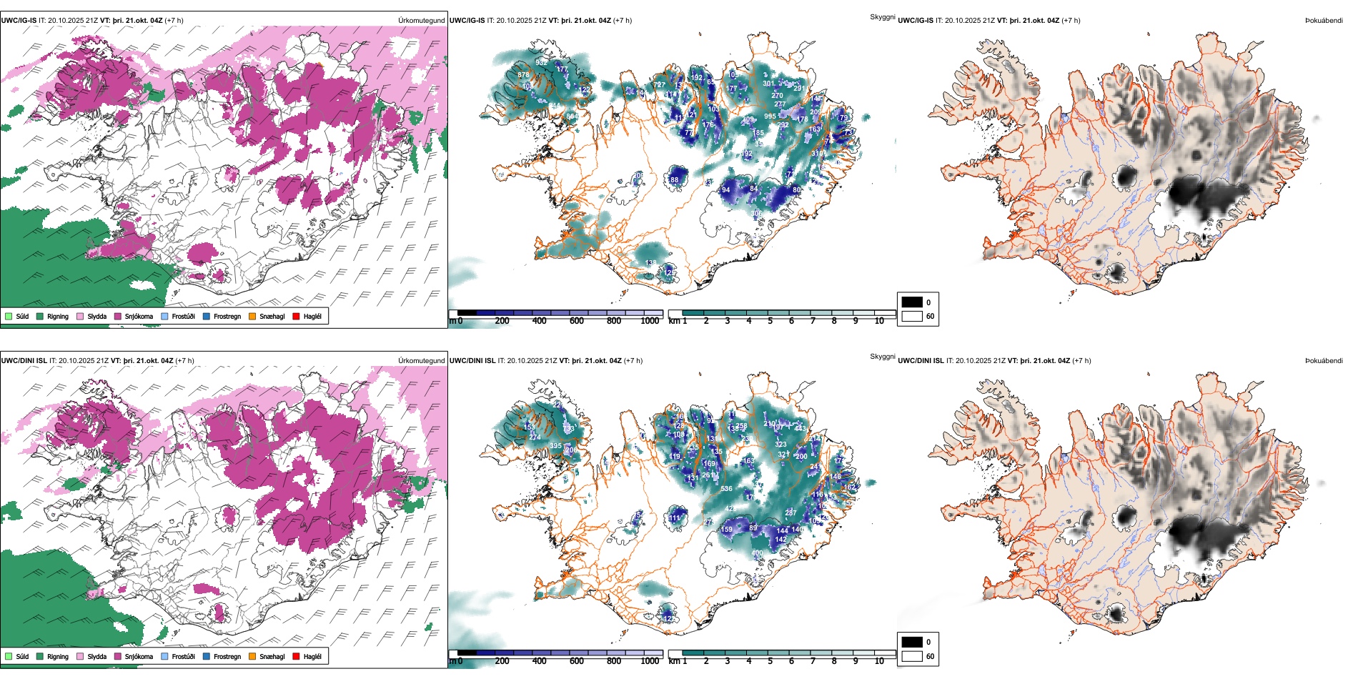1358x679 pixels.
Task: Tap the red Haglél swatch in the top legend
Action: [x=296, y=317]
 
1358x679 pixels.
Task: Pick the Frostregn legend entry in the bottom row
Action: [x=227, y=657]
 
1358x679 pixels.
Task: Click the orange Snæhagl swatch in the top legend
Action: [x=252, y=317]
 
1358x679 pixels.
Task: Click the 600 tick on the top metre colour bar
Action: [x=577, y=321]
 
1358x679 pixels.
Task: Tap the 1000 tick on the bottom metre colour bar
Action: [x=650, y=661]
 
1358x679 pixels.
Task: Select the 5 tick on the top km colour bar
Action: [x=770, y=321]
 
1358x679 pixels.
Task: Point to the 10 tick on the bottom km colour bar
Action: [x=879, y=661]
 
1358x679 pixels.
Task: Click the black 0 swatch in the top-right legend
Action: [x=912, y=302]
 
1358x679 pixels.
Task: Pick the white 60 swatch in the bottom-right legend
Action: [x=912, y=656]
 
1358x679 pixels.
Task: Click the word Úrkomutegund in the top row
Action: [x=421, y=21]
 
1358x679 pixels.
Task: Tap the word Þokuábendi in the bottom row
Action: [x=1324, y=361]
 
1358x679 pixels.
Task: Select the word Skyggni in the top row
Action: [x=882, y=17]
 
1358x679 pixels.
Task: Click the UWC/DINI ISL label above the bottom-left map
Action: [x=24, y=361]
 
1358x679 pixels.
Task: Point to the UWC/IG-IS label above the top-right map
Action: [x=916, y=21]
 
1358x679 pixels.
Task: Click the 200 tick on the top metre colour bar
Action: [x=502, y=321]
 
